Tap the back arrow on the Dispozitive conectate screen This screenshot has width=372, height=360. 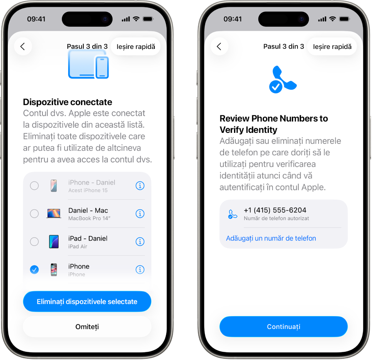[x=23, y=46]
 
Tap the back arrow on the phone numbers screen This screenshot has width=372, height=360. [x=219, y=46]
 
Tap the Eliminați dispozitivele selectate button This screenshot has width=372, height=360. [x=87, y=302]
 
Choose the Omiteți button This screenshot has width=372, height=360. [x=87, y=327]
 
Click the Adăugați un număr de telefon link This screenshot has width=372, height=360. [x=271, y=238]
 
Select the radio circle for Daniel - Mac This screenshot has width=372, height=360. [x=34, y=214]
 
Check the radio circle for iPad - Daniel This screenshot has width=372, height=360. [x=34, y=242]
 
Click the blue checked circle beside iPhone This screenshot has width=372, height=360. [x=34, y=270]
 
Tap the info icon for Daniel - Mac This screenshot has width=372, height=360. [x=140, y=214]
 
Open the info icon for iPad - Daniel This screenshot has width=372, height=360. [x=140, y=242]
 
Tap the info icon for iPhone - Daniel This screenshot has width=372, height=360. [x=140, y=186]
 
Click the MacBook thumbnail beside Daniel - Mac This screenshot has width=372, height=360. [x=53, y=214]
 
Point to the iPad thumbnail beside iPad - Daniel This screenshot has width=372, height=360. [x=53, y=242]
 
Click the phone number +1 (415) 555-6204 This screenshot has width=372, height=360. [x=275, y=210]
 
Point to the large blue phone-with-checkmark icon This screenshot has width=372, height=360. [x=282, y=80]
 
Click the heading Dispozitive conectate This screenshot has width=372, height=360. [x=67, y=102]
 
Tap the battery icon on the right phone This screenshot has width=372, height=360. [x=344, y=19]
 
